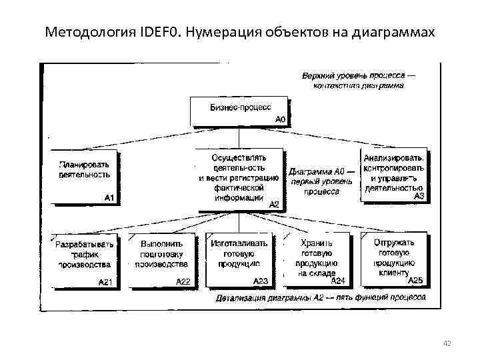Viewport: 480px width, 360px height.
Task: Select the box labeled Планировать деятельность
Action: point(84,175)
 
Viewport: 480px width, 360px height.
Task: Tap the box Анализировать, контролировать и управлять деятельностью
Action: point(393,173)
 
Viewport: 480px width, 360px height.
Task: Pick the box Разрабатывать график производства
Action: point(84,259)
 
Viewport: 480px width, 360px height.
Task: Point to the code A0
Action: point(280,119)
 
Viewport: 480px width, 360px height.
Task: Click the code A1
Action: point(110,197)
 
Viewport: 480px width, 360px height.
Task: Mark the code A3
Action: point(419,196)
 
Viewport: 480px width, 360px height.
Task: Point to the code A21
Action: point(105,282)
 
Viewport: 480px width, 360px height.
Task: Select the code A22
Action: point(183,281)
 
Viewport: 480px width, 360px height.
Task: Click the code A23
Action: point(261,281)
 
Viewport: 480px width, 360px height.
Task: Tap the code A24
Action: point(337,281)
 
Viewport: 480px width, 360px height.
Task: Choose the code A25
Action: point(415,279)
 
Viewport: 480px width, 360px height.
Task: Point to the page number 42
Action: point(447,343)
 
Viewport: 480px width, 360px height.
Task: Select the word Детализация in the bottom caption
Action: point(241,298)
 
